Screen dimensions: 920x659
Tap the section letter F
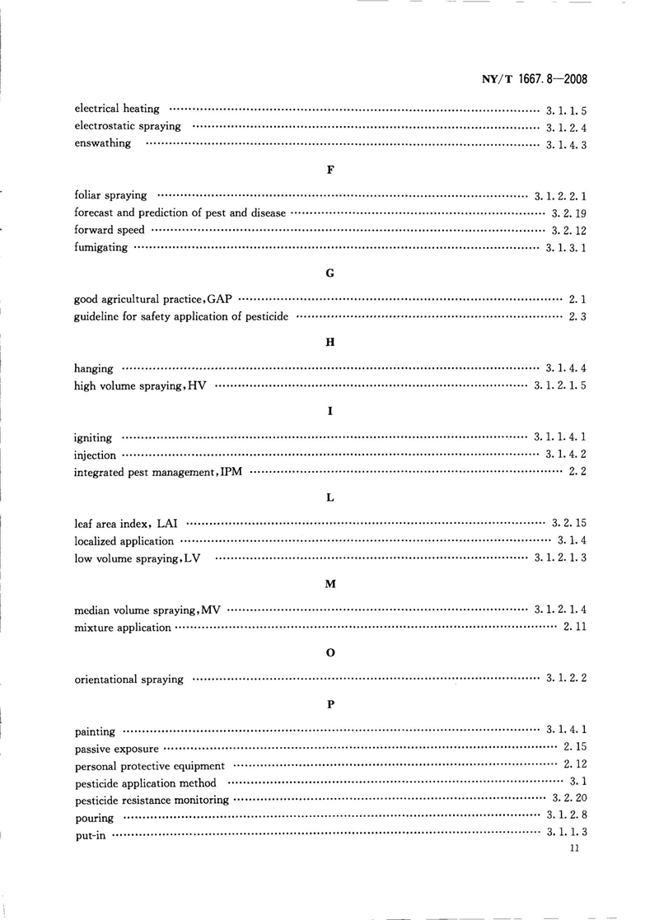click(x=329, y=169)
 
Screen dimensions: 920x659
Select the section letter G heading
click(x=329, y=273)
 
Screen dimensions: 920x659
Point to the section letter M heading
click(x=329, y=584)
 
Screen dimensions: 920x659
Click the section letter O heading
click(x=329, y=652)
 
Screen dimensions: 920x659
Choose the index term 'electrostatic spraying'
click(x=128, y=127)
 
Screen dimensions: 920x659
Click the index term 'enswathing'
click(x=102, y=144)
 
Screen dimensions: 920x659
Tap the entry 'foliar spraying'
click(x=110, y=196)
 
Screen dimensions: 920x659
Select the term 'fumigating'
click(x=101, y=248)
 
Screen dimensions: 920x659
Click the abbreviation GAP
click(x=221, y=300)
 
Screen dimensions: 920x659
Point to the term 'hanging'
click(x=94, y=369)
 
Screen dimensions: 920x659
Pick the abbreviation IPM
click(x=233, y=473)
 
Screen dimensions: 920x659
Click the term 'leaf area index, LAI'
click(x=127, y=525)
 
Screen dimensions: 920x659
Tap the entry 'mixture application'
click(x=123, y=628)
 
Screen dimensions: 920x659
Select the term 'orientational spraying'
click(x=129, y=679)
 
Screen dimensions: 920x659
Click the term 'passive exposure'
click(x=115, y=749)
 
